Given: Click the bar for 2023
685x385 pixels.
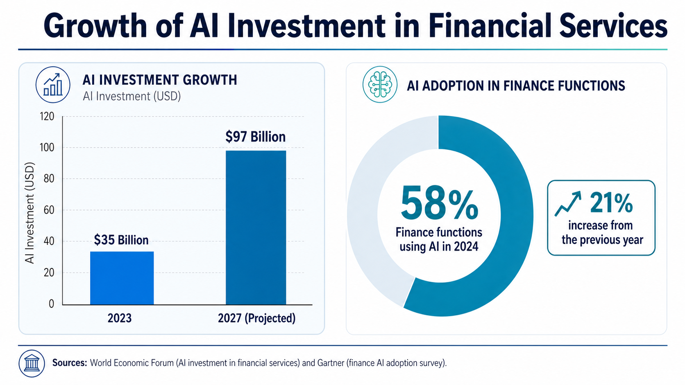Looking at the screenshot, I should tap(122, 278).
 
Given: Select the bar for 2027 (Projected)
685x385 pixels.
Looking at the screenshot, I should tap(256, 227).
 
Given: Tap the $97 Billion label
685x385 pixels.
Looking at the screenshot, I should tap(255, 137).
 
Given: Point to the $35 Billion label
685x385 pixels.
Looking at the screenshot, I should tap(121, 240).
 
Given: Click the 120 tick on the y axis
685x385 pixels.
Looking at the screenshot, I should tap(47, 117).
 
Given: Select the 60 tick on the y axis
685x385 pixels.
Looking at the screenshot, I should tap(49, 210).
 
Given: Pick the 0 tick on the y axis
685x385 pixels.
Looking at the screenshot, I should tap(51, 304).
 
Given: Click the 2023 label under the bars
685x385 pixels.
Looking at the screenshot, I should tap(120, 318).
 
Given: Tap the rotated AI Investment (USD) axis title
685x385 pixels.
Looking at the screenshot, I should tap(29, 213).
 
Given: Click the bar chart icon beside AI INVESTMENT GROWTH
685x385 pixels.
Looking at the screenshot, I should tap(53, 85).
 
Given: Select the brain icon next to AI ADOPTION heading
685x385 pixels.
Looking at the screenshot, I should tap(380, 85).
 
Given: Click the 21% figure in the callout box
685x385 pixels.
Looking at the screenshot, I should tap(611, 203).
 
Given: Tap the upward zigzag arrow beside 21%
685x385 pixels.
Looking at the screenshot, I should tap(568, 204).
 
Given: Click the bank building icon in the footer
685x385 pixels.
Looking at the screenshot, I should tap(32, 363).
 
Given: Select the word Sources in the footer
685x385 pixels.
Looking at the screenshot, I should tap(69, 363).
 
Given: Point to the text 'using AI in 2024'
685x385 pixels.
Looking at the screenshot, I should tap(439, 247).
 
